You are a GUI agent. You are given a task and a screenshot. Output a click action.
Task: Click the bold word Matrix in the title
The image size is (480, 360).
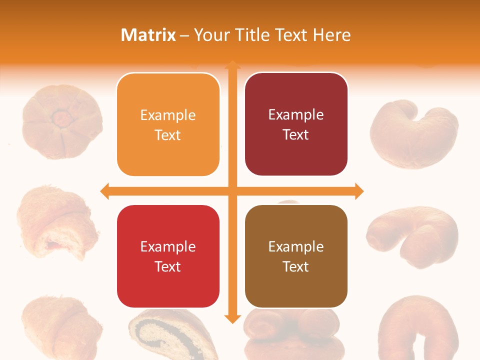pyautogui.click(x=148, y=35)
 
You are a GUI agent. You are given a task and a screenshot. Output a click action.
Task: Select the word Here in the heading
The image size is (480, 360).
pyautogui.click(x=332, y=35)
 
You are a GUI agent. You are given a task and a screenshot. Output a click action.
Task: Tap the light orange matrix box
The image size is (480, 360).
pyautogui.click(x=168, y=124)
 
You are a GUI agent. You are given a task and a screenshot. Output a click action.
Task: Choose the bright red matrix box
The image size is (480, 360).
pyautogui.click(x=168, y=256)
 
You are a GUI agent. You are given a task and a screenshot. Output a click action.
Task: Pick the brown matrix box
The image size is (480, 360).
pyautogui.click(x=296, y=256)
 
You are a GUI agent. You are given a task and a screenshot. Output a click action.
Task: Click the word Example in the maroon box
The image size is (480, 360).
pyautogui.click(x=296, y=114)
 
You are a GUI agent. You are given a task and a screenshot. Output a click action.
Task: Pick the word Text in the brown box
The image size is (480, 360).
pyautogui.click(x=296, y=266)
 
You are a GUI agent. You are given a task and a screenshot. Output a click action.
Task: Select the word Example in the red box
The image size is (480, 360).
pyautogui.click(x=168, y=246)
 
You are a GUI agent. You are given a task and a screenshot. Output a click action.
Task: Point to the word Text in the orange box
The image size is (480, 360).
pyautogui.click(x=168, y=135)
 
